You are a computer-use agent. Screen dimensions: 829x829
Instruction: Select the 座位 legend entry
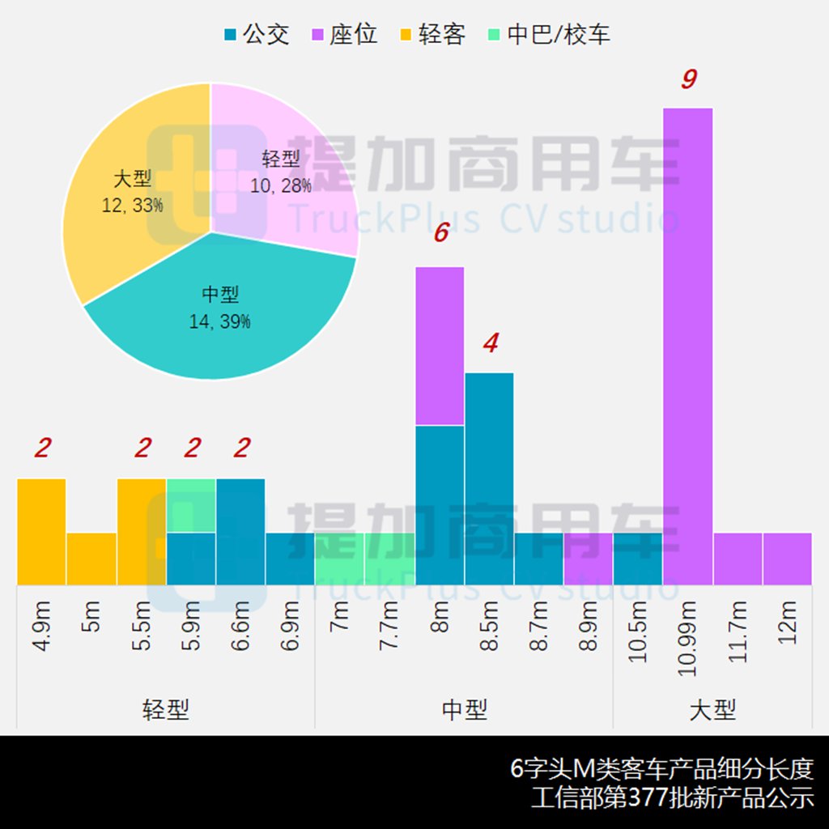(x=344, y=35)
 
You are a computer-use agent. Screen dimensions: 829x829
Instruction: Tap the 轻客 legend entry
(x=432, y=35)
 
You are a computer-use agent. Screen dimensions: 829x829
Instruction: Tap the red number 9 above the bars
(x=688, y=79)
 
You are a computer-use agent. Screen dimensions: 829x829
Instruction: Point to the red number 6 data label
(x=440, y=233)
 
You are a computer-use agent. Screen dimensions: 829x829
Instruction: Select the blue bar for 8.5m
(x=489, y=478)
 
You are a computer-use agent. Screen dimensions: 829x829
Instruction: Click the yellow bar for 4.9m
(x=41, y=530)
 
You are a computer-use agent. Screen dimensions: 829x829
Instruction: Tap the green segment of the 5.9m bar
(x=191, y=505)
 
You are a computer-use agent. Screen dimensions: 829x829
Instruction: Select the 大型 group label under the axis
(x=712, y=711)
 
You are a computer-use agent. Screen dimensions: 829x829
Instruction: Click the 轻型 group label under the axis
(x=165, y=711)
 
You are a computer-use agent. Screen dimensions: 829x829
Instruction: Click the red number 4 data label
(x=490, y=343)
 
